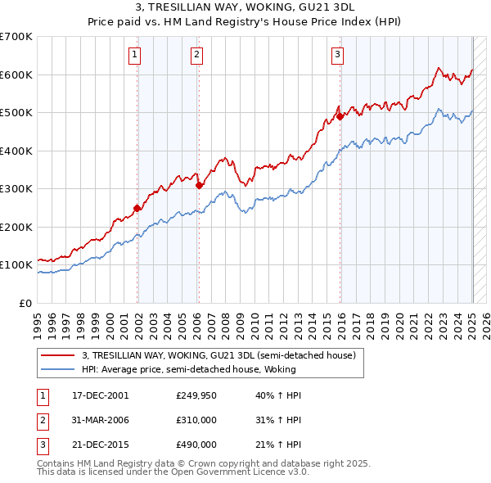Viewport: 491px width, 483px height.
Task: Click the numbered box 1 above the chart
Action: point(134,55)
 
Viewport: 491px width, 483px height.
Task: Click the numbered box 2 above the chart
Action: point(197,55)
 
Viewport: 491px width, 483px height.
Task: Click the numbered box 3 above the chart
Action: point(337,55)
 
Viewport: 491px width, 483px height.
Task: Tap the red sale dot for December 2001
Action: point(137,208)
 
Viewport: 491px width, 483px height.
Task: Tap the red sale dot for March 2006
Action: point(199,185)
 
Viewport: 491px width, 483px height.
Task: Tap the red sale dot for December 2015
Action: point(340,117)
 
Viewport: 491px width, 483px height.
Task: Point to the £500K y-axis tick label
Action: point(16,113)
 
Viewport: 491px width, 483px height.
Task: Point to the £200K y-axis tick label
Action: point(16,227)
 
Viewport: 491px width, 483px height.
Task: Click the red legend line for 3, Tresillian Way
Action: point(57,356)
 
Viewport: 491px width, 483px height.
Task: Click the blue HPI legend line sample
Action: point(57,370)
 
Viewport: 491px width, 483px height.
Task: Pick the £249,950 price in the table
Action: point(196,395)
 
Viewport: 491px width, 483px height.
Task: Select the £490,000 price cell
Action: point(196,445)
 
